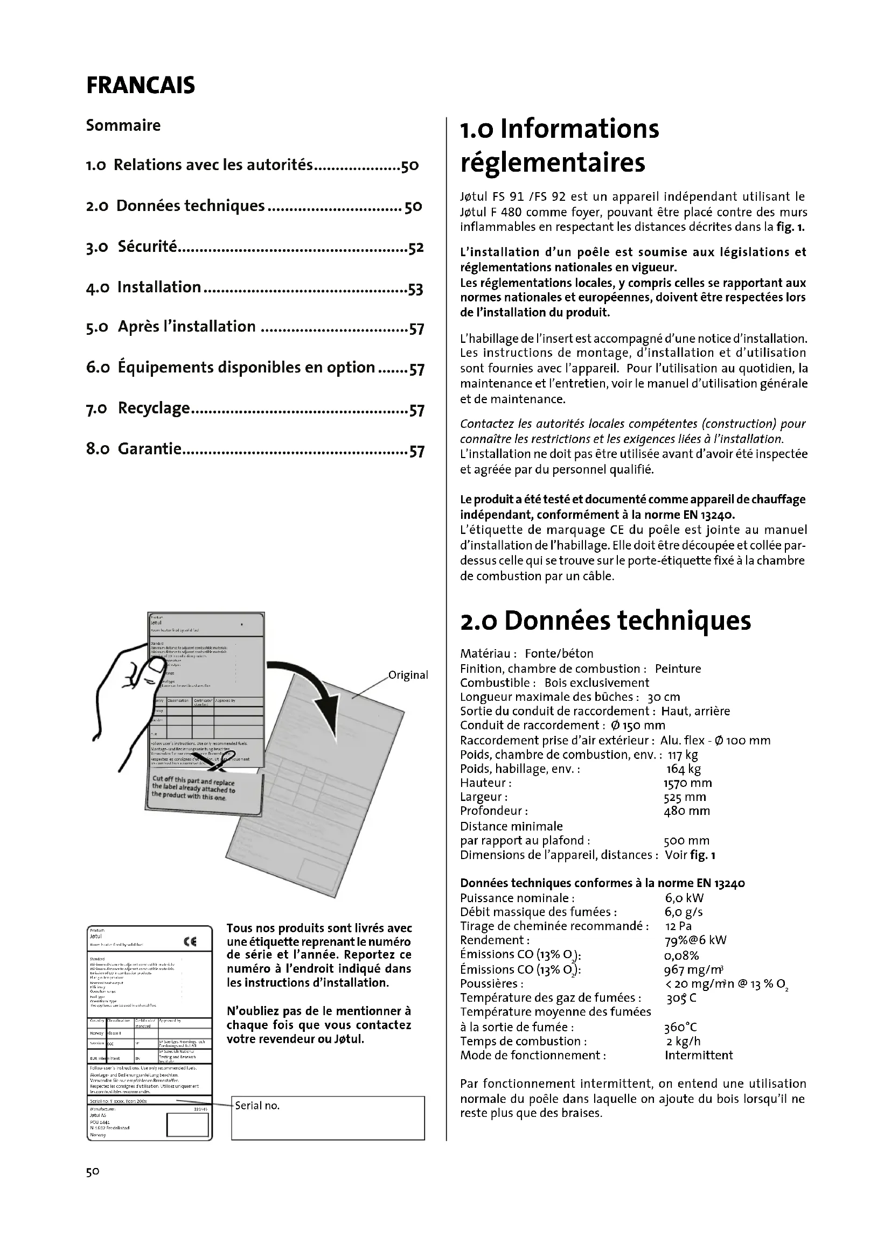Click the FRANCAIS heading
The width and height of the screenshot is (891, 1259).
tap(141, 86)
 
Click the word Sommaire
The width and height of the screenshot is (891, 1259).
tap(123, 125)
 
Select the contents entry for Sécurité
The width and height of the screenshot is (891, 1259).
tap(147, 247)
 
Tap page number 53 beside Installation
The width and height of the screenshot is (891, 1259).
tap(416, 289)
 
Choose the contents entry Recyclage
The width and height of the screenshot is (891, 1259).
tap(154, 408)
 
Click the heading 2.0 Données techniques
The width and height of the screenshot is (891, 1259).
tap(605, 621)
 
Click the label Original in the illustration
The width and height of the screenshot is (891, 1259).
tap(408, 675)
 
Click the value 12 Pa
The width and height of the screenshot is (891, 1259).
tap(678, 926)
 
